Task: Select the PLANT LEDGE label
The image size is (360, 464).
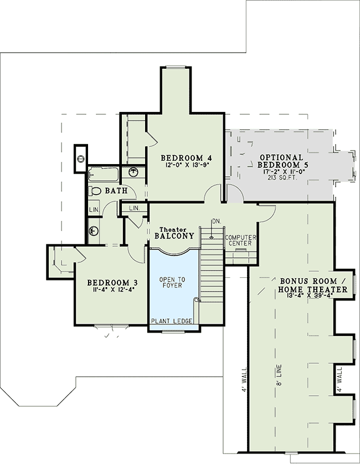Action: click(171, 321)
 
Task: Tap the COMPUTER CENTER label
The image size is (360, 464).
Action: click(240, 240)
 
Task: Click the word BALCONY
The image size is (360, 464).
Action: click(174, 236)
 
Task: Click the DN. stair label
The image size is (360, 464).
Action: click(217, 221)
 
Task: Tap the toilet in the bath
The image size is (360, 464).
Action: click(95, 191)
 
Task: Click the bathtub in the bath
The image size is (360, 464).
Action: click(103, 174)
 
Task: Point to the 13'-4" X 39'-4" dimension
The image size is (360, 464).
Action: click(313, 298)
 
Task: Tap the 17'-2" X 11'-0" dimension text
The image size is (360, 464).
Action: click(281, 172)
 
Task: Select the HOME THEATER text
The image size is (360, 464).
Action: click(313, 289)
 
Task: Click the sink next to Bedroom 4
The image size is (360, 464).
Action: click(133, 172)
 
